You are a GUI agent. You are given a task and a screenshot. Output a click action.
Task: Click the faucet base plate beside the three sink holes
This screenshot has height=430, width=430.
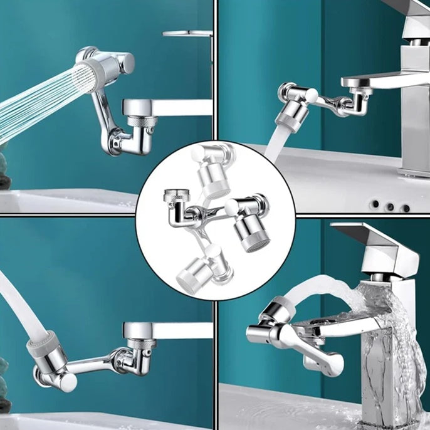click(414, 172)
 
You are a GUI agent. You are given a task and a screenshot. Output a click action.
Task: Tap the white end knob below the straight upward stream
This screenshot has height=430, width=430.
click(68, 382)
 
